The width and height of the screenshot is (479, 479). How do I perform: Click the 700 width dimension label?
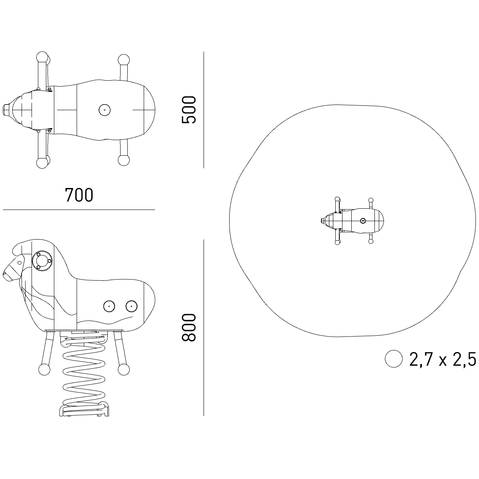(79, 195)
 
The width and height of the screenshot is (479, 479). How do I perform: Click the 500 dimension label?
(189, 110)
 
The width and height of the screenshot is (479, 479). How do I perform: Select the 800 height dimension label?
(189, 327)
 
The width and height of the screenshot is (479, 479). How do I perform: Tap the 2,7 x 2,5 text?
(443, 359)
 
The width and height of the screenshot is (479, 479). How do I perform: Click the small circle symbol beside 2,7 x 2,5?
(394, 359)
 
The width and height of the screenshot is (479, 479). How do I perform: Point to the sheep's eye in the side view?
(19, 263)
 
